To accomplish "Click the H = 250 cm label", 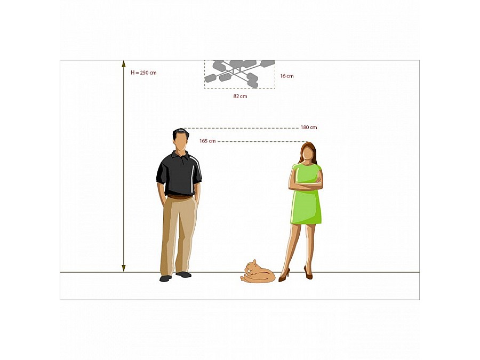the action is click(x=143, y=73).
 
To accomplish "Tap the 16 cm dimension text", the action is click(x=287, y=76).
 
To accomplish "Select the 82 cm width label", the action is click(x=240, y=96).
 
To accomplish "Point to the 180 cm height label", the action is click(x=309, y=127).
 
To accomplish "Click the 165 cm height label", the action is click(x=207, y=141).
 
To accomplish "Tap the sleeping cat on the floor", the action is click(x=258, y=272).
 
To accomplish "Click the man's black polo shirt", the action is click(x=179, y=173).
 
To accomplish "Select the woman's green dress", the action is click(x=306, y=196).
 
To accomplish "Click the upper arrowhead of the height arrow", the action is click(x=124, y=63).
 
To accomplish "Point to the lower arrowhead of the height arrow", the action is click(x=124, y=268).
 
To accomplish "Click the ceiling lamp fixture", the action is click(x=239, y=74).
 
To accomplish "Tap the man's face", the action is click(x=181, y=142).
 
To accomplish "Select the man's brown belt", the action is click(x=180, y=197).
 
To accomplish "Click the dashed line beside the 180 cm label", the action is click(x=241, y=128).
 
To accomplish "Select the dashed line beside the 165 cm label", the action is click(x=261, y=141).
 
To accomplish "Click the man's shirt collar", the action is click(x=181, y=155).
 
